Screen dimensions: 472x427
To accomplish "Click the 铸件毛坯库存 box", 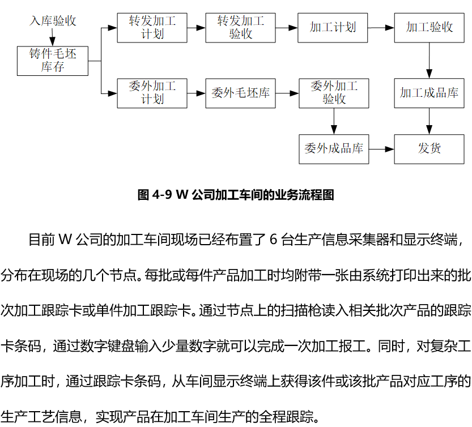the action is click(x=53, y=61).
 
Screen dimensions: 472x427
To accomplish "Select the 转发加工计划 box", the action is click(x=152, y=28).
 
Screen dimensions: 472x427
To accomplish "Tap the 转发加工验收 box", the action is click(x=240, y=28).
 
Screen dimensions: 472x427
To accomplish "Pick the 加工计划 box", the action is click(x=333, y=28).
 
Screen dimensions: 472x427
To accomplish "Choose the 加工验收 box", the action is click(x=430, y=28).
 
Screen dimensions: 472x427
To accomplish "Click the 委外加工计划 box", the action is click(x=152, y=93).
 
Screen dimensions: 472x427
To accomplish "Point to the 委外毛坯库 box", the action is click(x=240, y=93).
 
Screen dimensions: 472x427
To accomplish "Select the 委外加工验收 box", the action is click(x=334, y=93).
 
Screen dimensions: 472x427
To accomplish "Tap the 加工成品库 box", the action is click(x=430, y=93).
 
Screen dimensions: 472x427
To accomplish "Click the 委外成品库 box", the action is click(x=334, y=150).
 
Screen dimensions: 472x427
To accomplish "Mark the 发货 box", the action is click(x=430, y=150).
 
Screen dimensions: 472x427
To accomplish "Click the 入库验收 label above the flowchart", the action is click(x=53, y=21).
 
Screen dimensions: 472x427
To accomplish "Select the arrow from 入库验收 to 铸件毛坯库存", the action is click(x=52, y=37).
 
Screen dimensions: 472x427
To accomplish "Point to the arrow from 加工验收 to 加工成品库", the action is click(x=430, y=61).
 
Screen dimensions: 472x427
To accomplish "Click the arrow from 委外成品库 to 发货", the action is click(x=381, y=150).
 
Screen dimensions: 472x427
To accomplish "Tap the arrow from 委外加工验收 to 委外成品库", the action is click(x=334, y=121).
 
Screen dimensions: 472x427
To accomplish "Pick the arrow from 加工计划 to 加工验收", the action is click(x=381, y=28).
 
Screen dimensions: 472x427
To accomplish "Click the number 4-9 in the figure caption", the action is click(x=162, y=195).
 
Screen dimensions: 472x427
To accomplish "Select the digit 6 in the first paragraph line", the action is click(x=273, y=240).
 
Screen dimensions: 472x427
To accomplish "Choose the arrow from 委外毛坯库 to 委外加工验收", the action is click(x=287, y=93).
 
